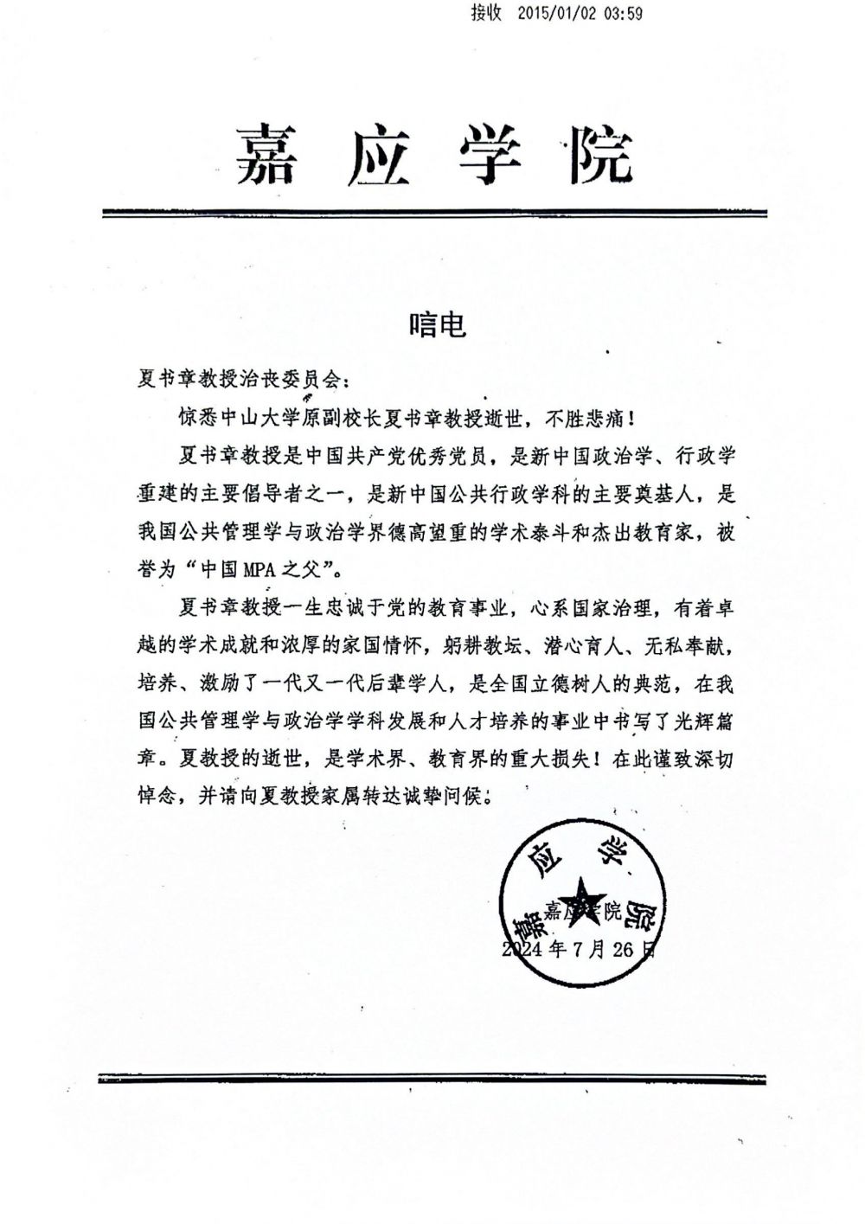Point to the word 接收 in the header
(487, 14)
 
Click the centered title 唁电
(438, 324)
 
